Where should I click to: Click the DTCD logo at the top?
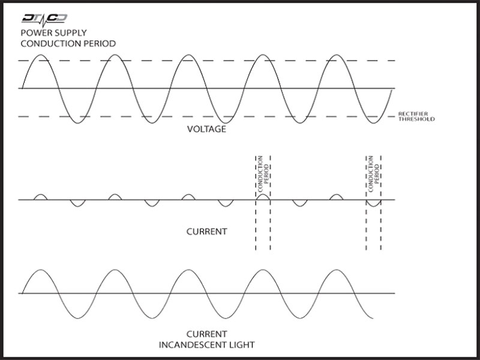tap(44, 20)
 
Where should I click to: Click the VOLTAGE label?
tap(206, 129)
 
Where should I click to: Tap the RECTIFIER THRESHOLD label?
tap(416, 116)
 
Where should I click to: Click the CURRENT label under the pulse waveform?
tap(206, 232)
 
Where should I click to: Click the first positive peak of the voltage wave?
tap(41, 55)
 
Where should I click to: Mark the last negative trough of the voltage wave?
tap(374, 123)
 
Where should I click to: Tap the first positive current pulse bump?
tap(40, 197)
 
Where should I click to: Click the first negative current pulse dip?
tap(78, 203)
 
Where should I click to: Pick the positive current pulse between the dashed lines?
tap(263, 197)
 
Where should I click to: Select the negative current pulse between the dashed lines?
tap(374, 203)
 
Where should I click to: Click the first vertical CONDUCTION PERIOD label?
tap(263, 174)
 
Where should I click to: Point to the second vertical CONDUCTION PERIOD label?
tap(374, 174)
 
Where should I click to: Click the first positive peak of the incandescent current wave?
tap(41, 270)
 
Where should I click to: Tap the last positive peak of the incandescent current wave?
tap(337, 270)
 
